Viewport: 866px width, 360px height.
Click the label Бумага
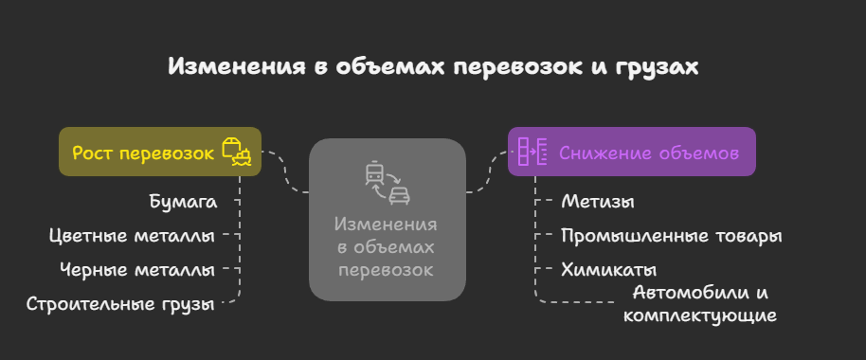(x=184, y=202)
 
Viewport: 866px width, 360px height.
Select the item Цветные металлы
(x=132, y=236)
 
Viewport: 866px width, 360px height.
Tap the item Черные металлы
(x=137, y=270)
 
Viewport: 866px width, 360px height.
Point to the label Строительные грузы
(x=120, y=304)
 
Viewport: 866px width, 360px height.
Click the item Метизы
(x=598, y=202)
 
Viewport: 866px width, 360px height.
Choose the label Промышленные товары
(x=672, y=236)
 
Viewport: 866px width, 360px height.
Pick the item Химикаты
(x=608, y=270)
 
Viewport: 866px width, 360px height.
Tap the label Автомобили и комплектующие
(x=700, y=304)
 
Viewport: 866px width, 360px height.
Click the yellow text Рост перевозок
(x=143, y=153)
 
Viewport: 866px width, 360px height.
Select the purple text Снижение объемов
(x=649, y=153)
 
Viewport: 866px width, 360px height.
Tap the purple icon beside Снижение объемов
(x=532, y=152)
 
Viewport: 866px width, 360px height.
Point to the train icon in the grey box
(x=374, y=173)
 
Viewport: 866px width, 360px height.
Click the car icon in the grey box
(x=399, y=195)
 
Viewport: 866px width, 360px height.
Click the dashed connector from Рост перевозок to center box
(x=285, y=171)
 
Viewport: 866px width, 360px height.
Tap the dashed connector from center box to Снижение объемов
(x=487, y=171)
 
